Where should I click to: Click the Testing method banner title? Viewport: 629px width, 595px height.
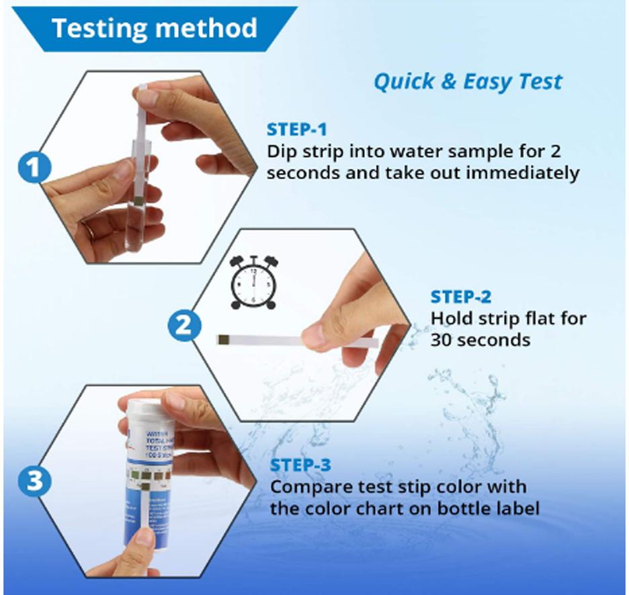click(155, 28)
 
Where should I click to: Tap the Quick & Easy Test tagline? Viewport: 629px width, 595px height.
click(467, 82)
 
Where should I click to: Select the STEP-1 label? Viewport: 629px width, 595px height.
click(297, 130)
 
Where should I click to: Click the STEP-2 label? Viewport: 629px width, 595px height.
click(461, 297)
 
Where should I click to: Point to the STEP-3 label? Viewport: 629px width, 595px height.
click(301, 465)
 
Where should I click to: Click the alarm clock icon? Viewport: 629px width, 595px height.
click(253, 282)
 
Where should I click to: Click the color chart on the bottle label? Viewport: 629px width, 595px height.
click(147, 477)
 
